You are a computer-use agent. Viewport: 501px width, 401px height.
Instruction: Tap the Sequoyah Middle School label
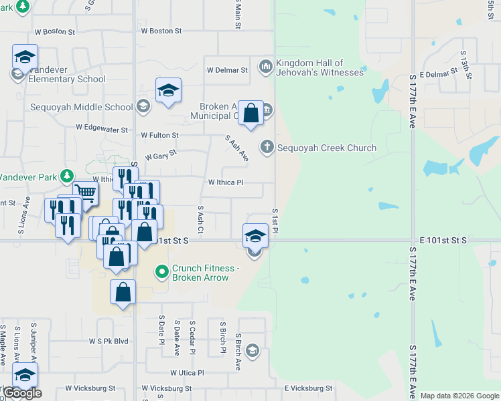(x=82, y=107)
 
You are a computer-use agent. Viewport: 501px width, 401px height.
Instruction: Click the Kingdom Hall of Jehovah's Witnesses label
(x=319, y=68)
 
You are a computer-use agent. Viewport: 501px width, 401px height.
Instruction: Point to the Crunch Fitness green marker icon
(x=161, y=272)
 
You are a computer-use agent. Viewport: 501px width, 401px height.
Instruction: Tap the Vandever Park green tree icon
(x=66, y=176)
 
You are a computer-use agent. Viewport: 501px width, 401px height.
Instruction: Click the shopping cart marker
(x=85, y=192)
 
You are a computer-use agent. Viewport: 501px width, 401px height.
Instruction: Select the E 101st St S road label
(x=443, y=239)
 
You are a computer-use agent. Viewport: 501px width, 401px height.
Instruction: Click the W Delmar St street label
(x=227, y=70)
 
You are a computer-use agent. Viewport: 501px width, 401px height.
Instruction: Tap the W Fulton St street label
(x=159, y=135)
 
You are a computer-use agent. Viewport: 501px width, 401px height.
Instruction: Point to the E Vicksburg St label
(x=308, y=388)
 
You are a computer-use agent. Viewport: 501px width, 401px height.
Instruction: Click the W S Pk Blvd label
(x=109, y=341)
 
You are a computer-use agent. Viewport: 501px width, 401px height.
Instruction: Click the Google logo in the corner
(x=23, y=393)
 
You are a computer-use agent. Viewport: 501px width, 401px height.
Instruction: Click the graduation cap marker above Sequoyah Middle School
(x=168, y=90)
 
